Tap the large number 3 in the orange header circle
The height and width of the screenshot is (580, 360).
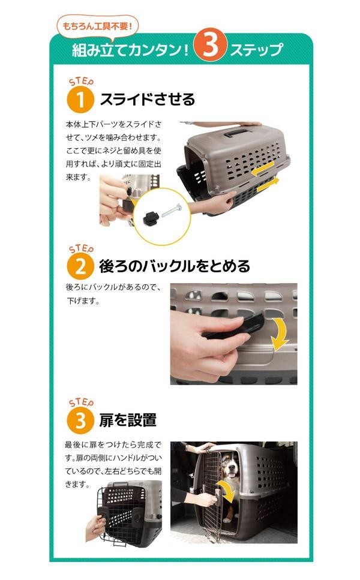[210, 46]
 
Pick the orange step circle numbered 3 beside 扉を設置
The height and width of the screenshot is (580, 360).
[80, 420]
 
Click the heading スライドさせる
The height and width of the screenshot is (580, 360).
[147, 100]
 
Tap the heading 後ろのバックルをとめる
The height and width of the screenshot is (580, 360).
[174, 266]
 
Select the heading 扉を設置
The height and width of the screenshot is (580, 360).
[128, 420]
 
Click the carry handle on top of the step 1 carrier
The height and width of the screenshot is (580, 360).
[238, 132]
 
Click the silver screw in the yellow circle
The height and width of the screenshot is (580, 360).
[172, 210]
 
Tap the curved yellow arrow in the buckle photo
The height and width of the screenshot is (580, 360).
[280, 333]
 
